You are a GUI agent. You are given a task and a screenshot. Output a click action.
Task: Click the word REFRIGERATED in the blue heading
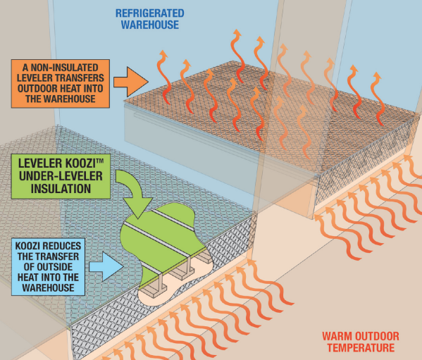(x=150, y=13)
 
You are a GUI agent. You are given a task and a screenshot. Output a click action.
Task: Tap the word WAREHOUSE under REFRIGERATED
(x=150, y=25)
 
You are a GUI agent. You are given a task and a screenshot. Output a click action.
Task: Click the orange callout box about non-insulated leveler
(x=61, y=84)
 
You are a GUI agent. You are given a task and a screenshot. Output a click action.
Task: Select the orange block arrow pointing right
(x=131, y=82)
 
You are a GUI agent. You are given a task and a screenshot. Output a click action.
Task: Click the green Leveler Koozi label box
(x=61, y=176)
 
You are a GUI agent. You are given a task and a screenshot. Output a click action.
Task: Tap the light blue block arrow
(x=106, y=267)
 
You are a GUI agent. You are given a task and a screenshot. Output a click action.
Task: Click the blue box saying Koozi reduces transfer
(x=48, y=266)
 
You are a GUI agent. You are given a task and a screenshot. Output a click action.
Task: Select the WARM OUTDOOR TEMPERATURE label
(x=361, y=342)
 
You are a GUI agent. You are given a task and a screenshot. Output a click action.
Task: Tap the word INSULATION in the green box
(x=61, y=189)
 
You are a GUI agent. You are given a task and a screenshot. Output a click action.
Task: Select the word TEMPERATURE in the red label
(x=361, y=347)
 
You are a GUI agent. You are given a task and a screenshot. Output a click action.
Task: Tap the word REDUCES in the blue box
(x=63, y=246)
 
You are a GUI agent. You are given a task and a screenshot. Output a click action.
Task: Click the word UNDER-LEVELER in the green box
(x=61, y=176)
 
